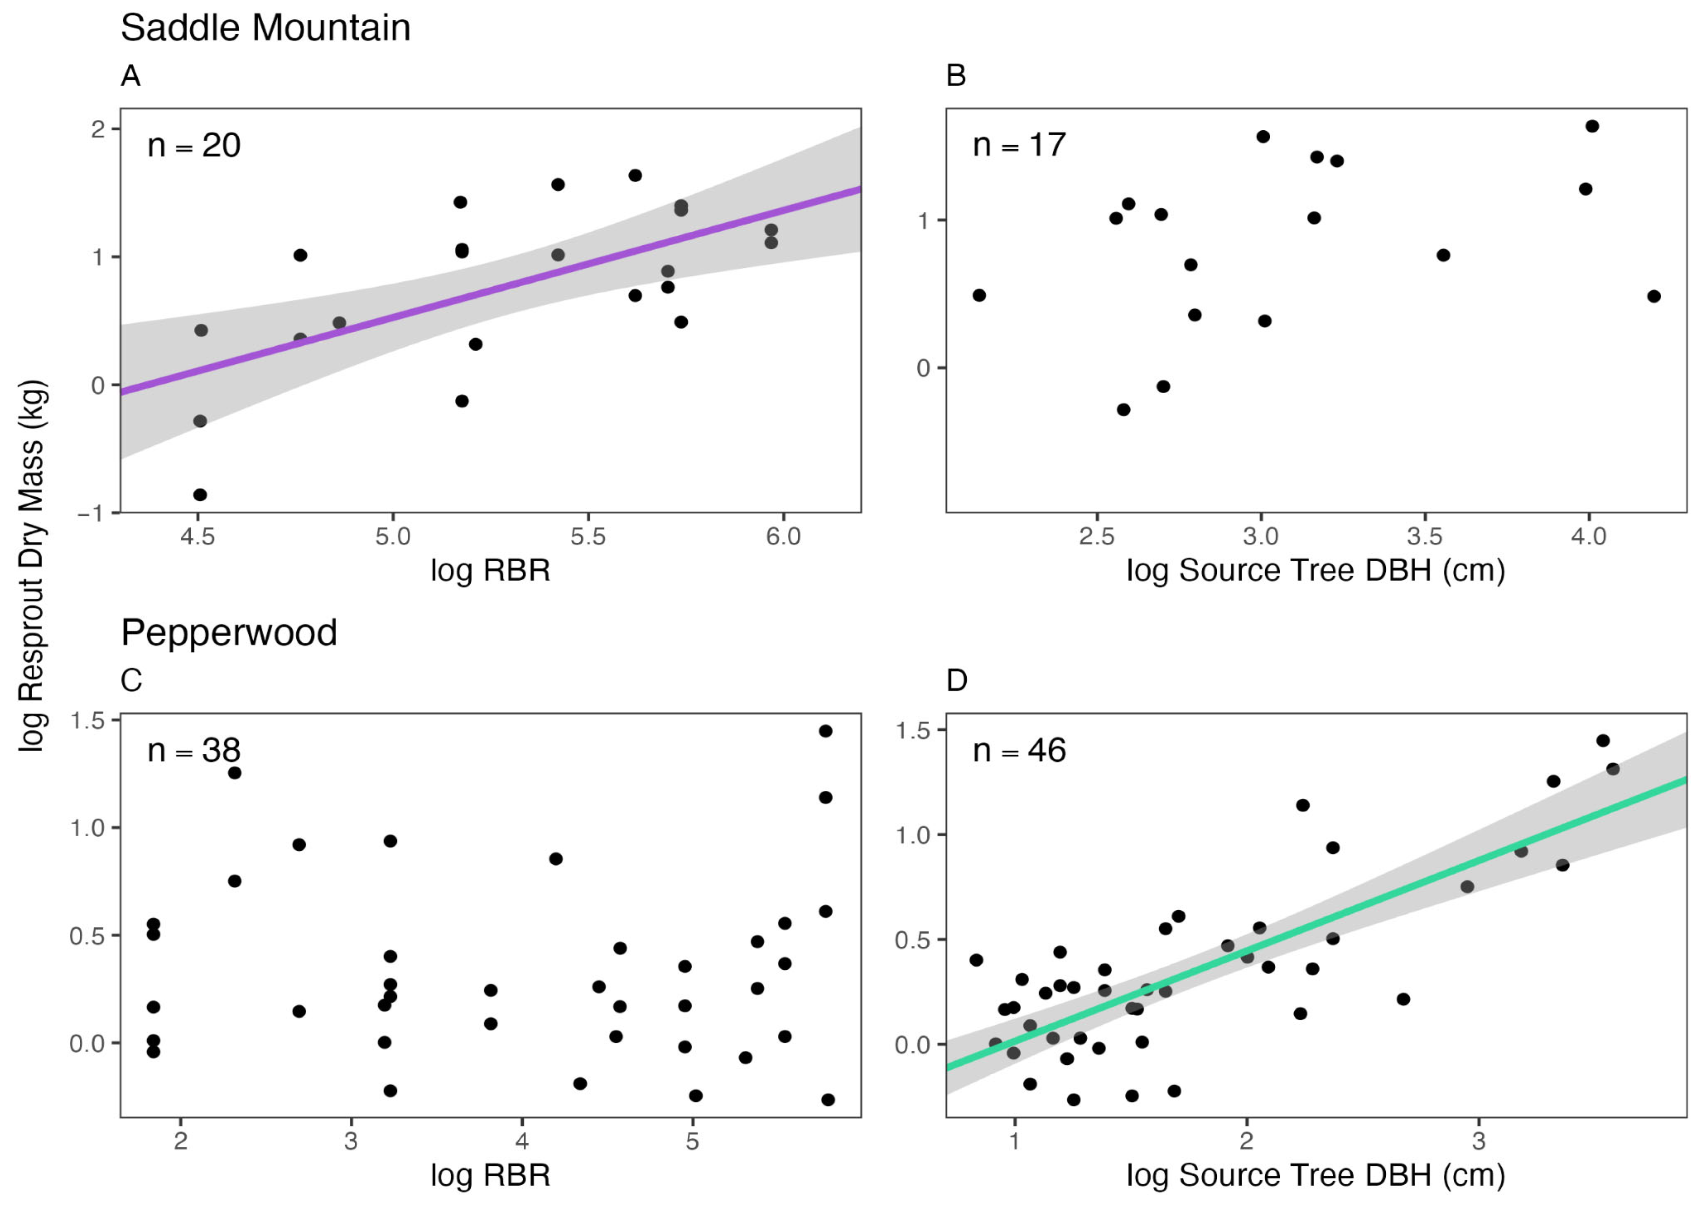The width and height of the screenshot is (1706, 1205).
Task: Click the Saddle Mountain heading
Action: click(x=265, y=28)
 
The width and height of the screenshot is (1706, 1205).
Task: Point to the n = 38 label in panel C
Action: click(x=194, y=750)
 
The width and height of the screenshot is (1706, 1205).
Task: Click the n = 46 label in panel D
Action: click(x=1019, y=750)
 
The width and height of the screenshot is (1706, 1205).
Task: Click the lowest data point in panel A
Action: click(x=200, y=495)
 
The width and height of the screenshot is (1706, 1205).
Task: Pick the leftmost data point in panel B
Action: click(x=979, y=296)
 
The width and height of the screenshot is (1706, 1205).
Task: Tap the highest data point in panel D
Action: click(x=1603, y=741)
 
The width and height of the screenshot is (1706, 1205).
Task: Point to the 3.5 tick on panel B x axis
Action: click(x=1425, y=536)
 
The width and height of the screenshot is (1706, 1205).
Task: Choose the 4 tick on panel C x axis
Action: click(x=522, y=1141)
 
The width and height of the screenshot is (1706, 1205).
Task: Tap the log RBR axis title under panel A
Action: click(x=491, y=571)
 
